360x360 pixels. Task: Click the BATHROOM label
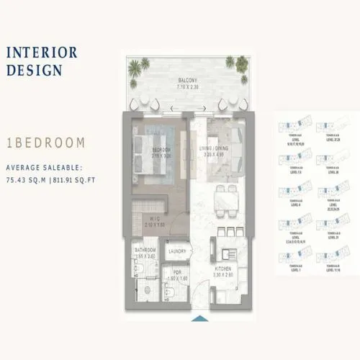tap(147, 252)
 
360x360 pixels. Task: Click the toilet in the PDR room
tap(170, 291)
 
